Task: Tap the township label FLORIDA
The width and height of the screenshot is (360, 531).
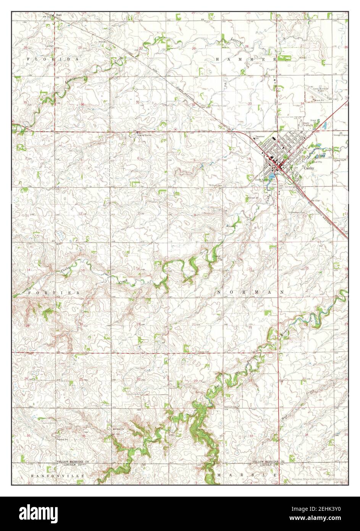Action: point(53,60)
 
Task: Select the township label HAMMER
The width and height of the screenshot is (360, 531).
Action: point(246,60)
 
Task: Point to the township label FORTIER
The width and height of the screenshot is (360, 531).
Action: point(53,292)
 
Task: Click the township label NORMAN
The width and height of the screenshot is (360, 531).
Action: point(250,292)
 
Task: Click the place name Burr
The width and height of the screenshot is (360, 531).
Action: point(58,15)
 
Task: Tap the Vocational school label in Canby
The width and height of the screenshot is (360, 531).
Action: point(260,137)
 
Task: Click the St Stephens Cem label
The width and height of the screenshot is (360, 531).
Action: point(298,212)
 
